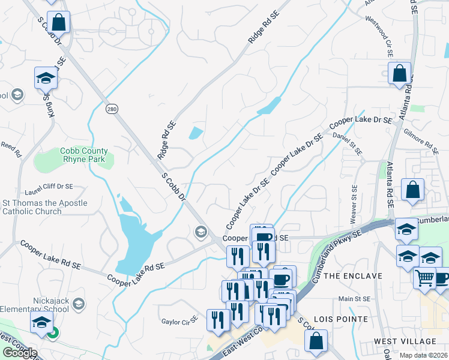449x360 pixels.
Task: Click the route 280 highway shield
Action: click(x=113, y=109)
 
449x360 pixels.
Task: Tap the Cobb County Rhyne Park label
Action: click(x=83, y=155)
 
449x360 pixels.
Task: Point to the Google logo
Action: click(x=19, y=352)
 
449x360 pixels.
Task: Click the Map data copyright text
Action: click(x=424, y=355)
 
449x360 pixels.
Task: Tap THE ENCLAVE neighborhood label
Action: click(x=352, y=276)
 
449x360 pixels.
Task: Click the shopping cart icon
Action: click(x=425, y=277)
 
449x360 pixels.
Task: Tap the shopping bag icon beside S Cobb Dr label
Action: click(x=59, y=23)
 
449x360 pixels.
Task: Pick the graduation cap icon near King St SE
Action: click(x=46, y=78)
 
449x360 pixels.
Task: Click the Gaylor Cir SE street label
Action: click(x=179, y=322)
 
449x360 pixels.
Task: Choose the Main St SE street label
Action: click(x=354, y=298)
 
